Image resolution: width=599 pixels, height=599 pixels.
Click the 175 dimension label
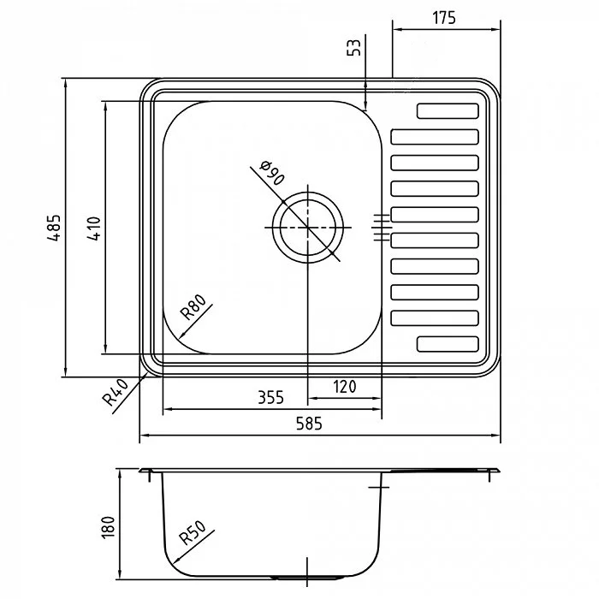(444, 18)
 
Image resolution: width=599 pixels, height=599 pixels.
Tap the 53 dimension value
(354, 47)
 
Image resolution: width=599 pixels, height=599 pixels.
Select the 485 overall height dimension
(54, 228)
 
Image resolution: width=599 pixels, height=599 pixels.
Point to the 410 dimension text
(93, 228)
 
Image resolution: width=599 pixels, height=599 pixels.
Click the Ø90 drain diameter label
(272, 173)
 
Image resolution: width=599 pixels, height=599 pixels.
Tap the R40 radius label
(116, 392)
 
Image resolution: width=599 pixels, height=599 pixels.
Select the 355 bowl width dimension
(271, 397)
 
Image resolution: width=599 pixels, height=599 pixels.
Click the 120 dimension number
(345, 387)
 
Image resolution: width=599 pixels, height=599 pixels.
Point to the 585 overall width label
(309, 424)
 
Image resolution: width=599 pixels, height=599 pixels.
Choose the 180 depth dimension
(108, 527)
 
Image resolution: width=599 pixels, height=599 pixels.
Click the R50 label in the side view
(193, 533)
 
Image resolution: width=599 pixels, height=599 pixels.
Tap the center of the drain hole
(308, 228)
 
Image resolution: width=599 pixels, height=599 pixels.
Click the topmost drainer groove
(448, 110)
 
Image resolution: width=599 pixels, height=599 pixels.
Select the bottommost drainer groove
(448, 344)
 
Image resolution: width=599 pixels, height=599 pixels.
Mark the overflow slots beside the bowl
(382, 228)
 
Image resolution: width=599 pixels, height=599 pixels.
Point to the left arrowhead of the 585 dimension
(144, 435)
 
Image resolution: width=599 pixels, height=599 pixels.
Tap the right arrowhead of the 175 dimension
(495, 29)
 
